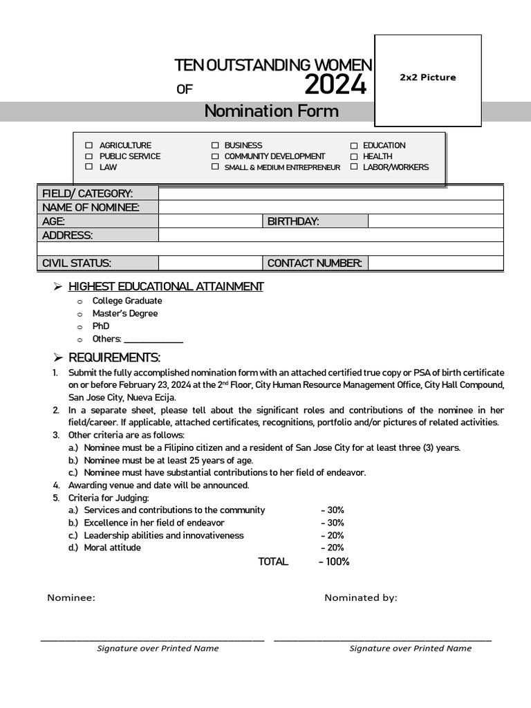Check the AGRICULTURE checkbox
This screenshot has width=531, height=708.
(x=88, y=145)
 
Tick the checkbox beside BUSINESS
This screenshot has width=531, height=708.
(x=215, y=145)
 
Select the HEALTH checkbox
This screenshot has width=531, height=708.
(x=354, y=156)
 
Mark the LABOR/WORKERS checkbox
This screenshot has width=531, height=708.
(x=354, y=167)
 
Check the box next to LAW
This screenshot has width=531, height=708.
(x=88, y=167)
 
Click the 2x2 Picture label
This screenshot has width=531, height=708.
(x=427, y=77)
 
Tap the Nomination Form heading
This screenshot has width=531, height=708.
(x=271, y=111)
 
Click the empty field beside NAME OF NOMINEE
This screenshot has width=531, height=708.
(x=330, y=207)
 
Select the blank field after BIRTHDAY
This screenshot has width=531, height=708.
(x=435, y=221)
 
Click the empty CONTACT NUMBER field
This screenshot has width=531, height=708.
(x=435, y=263)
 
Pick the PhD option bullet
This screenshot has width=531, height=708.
(x=80, y=326)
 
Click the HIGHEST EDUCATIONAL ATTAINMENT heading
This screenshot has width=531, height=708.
(x=166, y=286)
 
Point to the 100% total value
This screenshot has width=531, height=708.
(x=335, y=561)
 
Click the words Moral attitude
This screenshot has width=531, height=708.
(x=112, y=548)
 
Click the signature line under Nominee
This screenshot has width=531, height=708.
(x=152, y=640)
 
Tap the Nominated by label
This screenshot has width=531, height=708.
(x=361, y=598)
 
